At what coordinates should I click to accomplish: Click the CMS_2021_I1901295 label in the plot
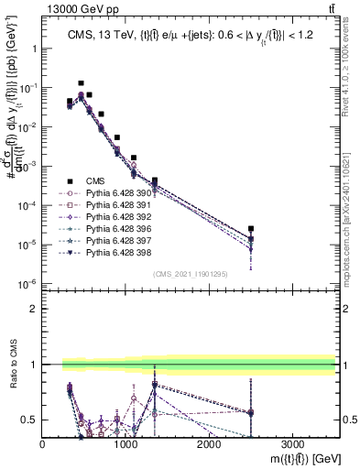point(190,274)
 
